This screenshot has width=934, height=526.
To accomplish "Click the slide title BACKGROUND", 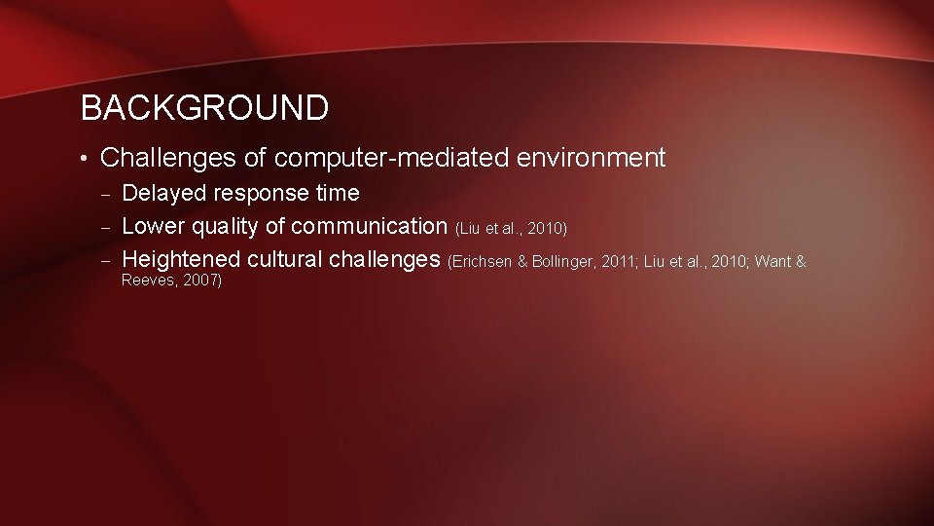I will coord(204,108).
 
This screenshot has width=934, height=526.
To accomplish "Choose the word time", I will coord(338,194).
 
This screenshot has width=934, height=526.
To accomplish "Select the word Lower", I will coord(155,227).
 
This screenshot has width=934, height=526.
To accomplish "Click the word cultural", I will coord(285,260).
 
